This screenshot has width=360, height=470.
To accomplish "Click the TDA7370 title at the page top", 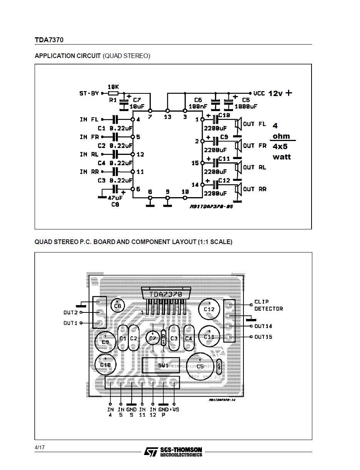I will pyautogui.click(x=49, y=40).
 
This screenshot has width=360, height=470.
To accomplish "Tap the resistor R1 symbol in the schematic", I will pyautogui.click(x=113, y=93).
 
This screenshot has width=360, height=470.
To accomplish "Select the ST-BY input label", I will pyautogui.click(x=89, y=93).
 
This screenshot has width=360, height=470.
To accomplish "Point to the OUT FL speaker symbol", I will pyautogui.click(x=238, y=124).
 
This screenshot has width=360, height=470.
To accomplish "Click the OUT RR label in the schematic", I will pyautogui.click(x=255, y=189).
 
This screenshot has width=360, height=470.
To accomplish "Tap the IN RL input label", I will pyautogui.click(x=89, y=154).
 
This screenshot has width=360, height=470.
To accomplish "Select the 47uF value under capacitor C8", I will pyautogui.click(x=115, y=198).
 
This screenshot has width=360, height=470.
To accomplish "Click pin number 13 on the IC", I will pyautogui.click(x=167, y=117).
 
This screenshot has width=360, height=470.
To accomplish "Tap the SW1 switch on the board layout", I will pyautogui.click(x=163, y=365).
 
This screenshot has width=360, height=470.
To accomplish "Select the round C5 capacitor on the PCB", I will pyautogui.click(x=200, y=367).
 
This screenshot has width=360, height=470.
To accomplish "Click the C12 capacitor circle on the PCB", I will pyautogui.click(x=209, y=309).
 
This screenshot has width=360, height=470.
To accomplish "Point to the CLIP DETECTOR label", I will pyautogui.click(x=268, y=305).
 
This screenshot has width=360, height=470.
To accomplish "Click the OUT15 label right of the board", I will pyautogui.click(x=263, y=337).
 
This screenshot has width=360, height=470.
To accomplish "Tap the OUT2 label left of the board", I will pyautogui.click(x=70, y=312).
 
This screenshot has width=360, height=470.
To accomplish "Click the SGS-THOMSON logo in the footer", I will pyautogui.click(x=173, y=452).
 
